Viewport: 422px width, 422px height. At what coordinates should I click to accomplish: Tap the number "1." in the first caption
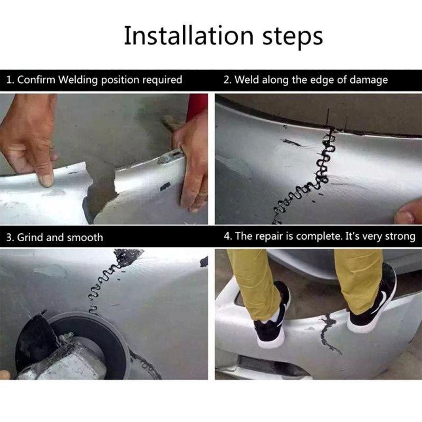pyautogui.click(x=10, y=80)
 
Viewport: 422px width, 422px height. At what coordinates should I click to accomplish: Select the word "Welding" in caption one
pyautogui.click(x=79, y=80)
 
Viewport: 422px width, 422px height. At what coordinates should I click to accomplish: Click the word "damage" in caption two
pyautogui.click(x=369, y=80)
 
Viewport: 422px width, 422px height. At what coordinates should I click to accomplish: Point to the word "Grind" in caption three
pyautogui.click(x=30, y=237)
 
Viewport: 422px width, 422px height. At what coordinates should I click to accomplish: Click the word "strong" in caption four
pyautogui.click(x=399, y=236)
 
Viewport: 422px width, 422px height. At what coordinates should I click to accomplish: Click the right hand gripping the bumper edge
pyautogui.click(x=193, y=164)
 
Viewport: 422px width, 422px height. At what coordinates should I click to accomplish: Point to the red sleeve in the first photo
pyautogui.click(x=197, y=105)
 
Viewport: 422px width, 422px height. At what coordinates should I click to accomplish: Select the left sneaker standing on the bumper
pyautogui.click(x=272, y=316)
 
